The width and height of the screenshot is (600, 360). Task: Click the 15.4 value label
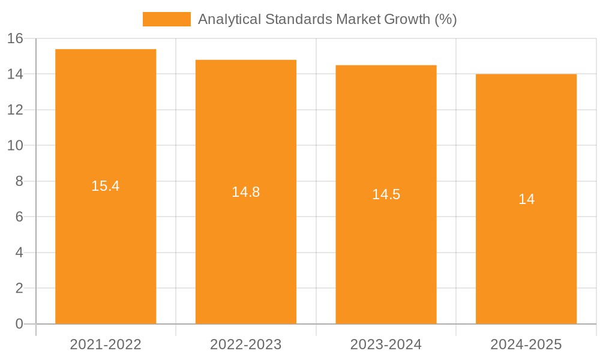coord(106,186)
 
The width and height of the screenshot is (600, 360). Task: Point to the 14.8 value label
coord(246,192)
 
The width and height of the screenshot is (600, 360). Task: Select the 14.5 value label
coord(386,194)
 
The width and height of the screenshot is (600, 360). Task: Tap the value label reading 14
coord(526,199)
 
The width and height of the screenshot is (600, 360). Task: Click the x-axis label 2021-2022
coord(106,344)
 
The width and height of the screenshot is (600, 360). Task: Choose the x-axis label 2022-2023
coord(246,344)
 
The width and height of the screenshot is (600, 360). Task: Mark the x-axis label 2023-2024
coord(386,344)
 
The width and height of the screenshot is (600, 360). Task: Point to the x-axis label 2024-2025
coord(526,344)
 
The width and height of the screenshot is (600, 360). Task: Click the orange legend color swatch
coord(166,19)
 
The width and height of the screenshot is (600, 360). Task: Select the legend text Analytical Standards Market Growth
coord(327,19)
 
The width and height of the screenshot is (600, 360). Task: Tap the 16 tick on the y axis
coord(15,38)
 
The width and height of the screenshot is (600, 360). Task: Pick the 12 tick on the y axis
coord(15,110)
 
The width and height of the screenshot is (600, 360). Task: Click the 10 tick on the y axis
coord(15,146)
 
